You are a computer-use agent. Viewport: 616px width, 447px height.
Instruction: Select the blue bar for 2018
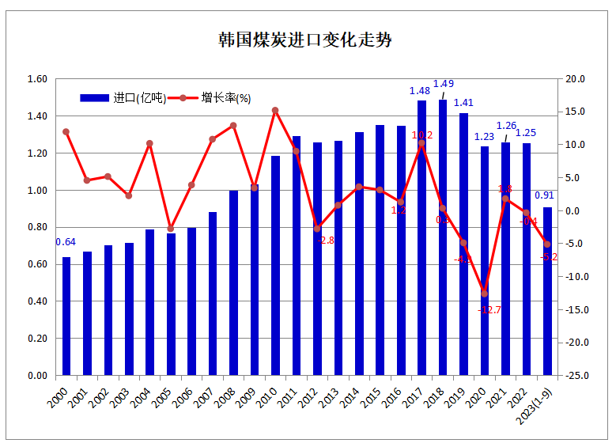(x=443, y=237)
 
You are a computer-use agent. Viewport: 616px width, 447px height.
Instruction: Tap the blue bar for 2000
(x=66, y=316)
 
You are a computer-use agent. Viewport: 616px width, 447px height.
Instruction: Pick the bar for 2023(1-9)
(x=547, y=291)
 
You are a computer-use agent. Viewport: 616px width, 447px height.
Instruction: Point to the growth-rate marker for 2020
(x=485, y=294)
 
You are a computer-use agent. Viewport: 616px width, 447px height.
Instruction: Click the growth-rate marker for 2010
(x=275, y=111)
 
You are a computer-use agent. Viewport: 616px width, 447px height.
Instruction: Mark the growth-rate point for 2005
(x=171, y=229)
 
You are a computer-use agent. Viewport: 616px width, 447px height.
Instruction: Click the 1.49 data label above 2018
(x=444, y=84)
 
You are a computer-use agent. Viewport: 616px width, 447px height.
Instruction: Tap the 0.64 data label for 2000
(x=65, y=242)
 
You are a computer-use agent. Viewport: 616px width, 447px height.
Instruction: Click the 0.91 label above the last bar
(x=545, y=195)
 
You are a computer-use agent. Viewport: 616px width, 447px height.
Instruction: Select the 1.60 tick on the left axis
(x=38, y=79)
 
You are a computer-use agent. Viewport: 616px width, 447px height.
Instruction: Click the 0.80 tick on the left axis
(x=38, y=228)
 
